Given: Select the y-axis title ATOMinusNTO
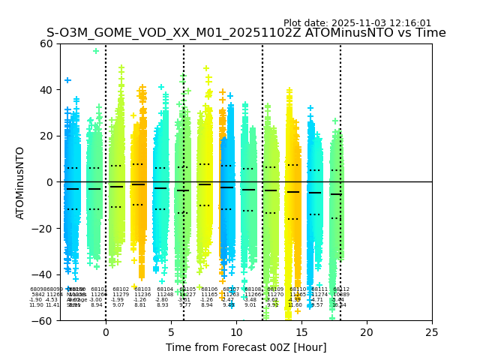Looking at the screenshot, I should (x=21, y=182).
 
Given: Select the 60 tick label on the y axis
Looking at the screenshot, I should (x=46, y=43).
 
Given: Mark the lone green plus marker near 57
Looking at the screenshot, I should (x=96, y=51).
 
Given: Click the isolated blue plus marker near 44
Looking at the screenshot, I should (x=67, y=80).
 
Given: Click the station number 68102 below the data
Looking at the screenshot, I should (x=120, y=289).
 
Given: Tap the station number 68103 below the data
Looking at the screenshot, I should (x=142, y=289).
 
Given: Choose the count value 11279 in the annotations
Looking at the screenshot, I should (x=119, y=294).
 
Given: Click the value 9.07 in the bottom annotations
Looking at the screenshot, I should (x=118, y=305).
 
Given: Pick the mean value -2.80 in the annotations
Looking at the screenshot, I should (x=162, y=300).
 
